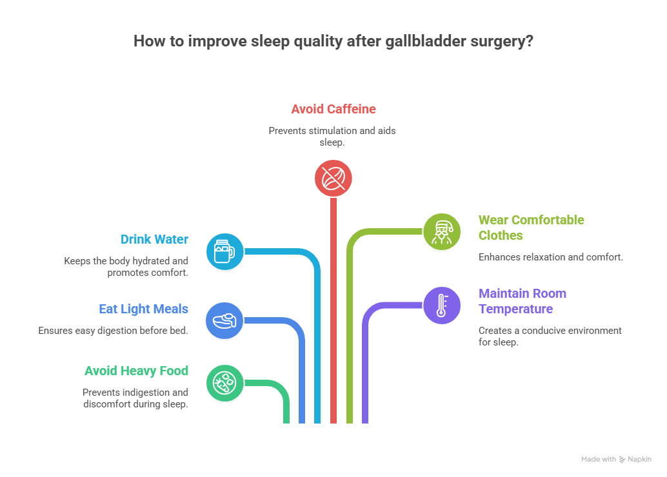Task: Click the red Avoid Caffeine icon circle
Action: [x=333, y=178]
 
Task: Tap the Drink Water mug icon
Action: [x=224, y=251]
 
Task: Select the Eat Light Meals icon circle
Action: [x=224, y=320]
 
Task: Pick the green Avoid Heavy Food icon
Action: [x=224, y=383]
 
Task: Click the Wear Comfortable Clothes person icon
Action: [x=442, y=231]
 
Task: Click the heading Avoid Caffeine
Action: [x=333, y=109]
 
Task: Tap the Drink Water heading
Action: [x=154, y=239]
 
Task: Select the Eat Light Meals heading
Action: [x=143, y=309]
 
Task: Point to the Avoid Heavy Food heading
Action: [x=136, y=371]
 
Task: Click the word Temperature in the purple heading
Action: [x=515, y=309]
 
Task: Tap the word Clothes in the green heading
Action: [x=501, y=235]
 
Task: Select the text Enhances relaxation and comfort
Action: [x=550, y=257]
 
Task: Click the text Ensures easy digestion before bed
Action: [x=113, y=331]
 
